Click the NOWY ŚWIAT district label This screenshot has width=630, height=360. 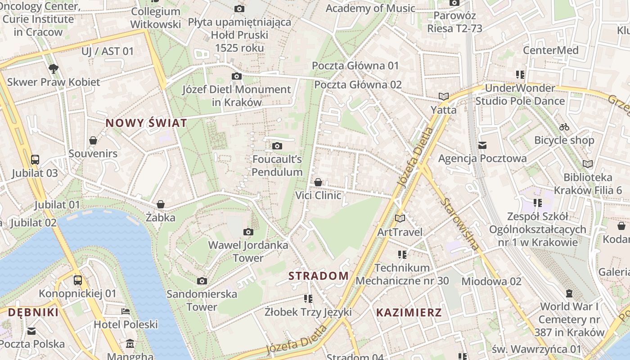coord(146,123)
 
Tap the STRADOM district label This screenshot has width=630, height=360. coord(319,276)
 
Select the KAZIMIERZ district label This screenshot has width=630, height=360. coord(409,312)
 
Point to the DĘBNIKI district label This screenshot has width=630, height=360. coord(33,312)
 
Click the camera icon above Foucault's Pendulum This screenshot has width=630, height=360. coord(277,146)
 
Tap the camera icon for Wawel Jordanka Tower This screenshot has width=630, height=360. coord(248,232)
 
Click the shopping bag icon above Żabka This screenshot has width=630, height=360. coord(161,204)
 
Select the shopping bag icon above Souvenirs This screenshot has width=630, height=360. coord(93,140)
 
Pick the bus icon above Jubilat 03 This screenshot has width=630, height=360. coord(35,159)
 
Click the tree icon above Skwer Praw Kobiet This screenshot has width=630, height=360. coord(54,69)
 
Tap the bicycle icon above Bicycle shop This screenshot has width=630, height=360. coord(564,127)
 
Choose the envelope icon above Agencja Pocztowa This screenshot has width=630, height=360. coord(482,145)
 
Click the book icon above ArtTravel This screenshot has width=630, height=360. coord(400,219)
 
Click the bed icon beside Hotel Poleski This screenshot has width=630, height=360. coord(126,311)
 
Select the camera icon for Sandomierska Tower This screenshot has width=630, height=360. coord(202,281)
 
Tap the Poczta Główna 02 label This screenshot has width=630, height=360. coord(358,85)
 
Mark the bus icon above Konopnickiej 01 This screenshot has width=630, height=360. coord(78,280)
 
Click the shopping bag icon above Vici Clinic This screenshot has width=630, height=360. coord(318,182)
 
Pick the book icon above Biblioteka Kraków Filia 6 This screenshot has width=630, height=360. coord(588,164)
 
